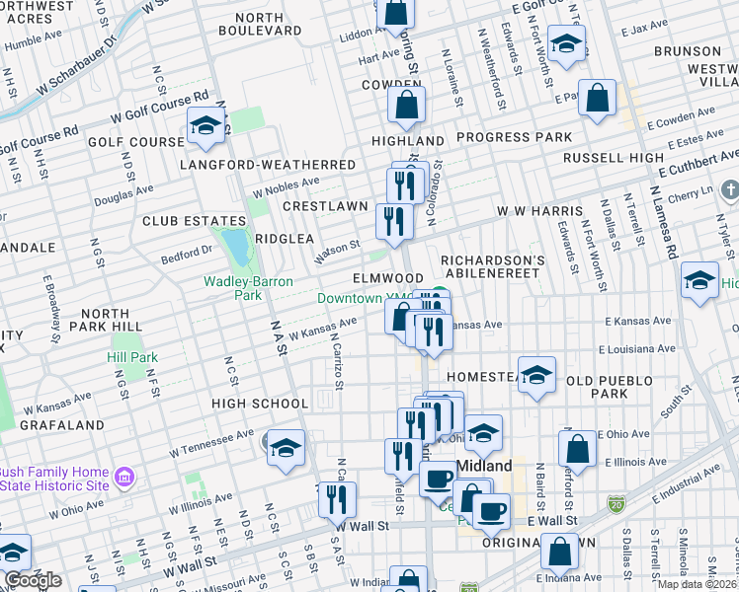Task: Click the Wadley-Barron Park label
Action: point(232,287)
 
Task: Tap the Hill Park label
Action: point(132,357)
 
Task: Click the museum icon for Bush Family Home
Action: point(124,479)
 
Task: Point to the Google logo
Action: point(33,580)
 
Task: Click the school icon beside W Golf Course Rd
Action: point(205,125)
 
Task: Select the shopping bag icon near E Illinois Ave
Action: point(577,448)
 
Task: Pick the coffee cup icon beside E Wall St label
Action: point(491,510)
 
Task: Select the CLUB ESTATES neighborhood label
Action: point(194,221)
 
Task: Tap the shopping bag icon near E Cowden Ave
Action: point(598,98)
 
